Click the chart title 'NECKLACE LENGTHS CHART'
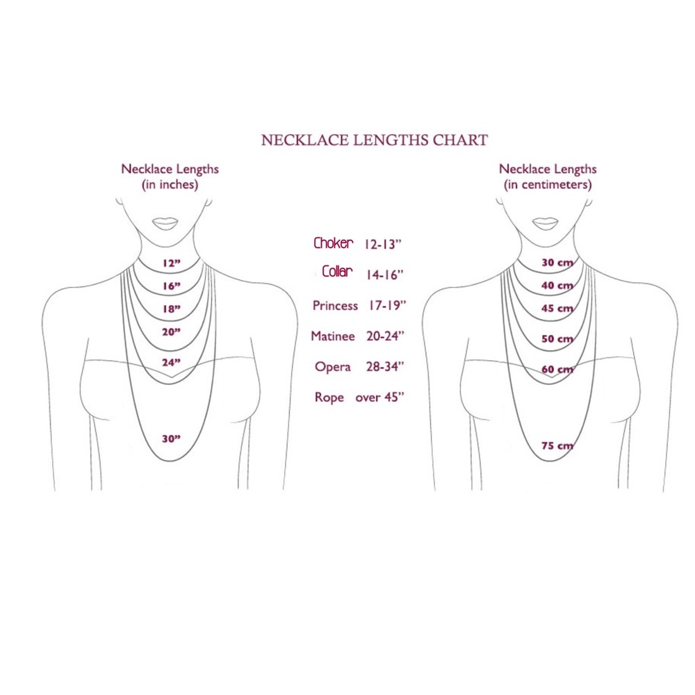pyautogui.click(x=375, y=140)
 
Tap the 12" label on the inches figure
pyautogui.click(x=172, y=263)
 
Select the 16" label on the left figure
pyautogui.click(x=172, y=286)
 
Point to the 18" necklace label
pyautogui.click(x=172, y=309)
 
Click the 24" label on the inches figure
pyautogui.click(x=171, y=362)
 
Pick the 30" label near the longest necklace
pyautogui.click(x=171, y=439)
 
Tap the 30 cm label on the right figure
pyautogui.click(x=557, y=263)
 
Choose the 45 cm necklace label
pyautogui.click(x=557, y=308)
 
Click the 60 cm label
pyautogui.click(x=557, y=369)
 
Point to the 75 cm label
pyautogui.click(x=557, y=445)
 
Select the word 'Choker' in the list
pyautogui.click(x=334, y=243)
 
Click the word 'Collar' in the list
pyautogui.click(x=337, y=271)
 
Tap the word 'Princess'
pyautogui.click(x=335, y=306)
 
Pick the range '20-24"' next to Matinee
pyautogui.click(x=386, y=336)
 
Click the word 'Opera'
pyautogui.click(x=332, y=367)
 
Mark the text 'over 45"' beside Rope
pyautogui.click(x=380, y=397)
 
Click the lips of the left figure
pyautogui.click(x=165, y=223)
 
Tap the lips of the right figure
pyautogui.click(x=545, y=223)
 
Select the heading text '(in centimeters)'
pyautogui.click(x=548, y=184)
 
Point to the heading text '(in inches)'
pyautogui.click(x=170, y=184)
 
